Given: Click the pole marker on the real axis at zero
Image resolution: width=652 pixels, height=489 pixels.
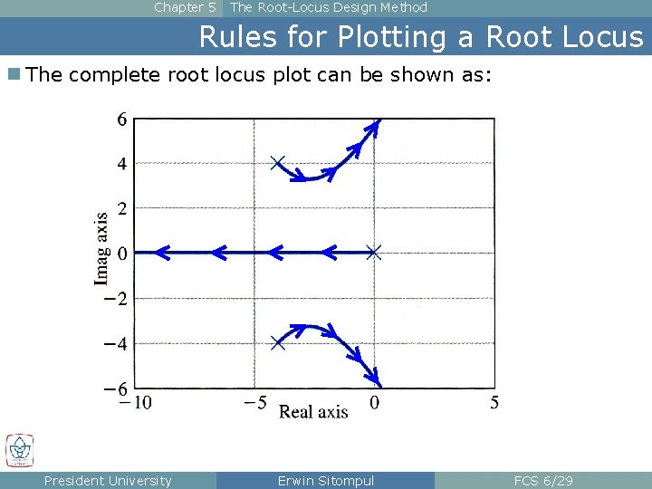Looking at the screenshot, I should click(x=374, y=253).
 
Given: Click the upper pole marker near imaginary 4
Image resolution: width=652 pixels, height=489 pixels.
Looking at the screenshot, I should click(x=278, y=163).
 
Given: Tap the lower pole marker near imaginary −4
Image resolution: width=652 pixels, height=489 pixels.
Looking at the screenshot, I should click(x=278, y=343).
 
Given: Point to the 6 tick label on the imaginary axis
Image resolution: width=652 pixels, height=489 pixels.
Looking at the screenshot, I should click(x=121, y=119).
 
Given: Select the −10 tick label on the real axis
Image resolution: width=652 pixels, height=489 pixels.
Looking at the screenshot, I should click(x=136, y=403).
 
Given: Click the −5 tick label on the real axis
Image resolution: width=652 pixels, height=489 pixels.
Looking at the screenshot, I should click(x=254, y=403).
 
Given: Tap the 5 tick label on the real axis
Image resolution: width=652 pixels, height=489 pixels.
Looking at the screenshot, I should click(x=494, y=403).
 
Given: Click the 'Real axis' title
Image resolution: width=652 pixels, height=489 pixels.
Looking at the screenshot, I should click(x=313, y=412).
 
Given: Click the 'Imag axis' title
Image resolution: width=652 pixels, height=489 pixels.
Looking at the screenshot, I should click(x=101, y=249).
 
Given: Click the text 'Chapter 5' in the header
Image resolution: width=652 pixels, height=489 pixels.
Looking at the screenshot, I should click(x=185, y=7).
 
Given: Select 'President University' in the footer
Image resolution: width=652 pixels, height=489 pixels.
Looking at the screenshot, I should click(x=108, y=481).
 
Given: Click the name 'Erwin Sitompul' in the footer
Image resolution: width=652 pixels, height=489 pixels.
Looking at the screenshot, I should click(x=325, y=481).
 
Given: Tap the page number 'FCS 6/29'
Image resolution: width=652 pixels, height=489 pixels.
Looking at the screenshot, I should click(x=543, y=481).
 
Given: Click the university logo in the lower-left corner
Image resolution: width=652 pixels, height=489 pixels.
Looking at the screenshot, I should click(x=19, y=450).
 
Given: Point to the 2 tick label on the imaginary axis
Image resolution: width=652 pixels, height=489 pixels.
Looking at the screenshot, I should click(x=121, y=208).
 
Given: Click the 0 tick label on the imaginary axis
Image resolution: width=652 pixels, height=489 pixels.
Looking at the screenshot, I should click(x=121, y=253).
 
